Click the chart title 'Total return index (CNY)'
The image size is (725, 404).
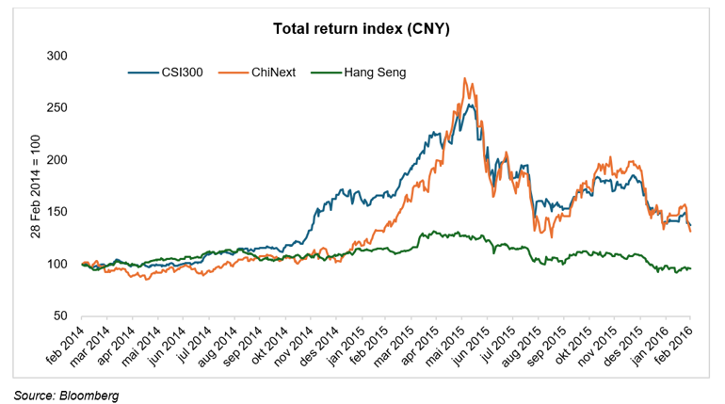point(362,29)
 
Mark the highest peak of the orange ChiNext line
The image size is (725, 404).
point(465,79)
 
